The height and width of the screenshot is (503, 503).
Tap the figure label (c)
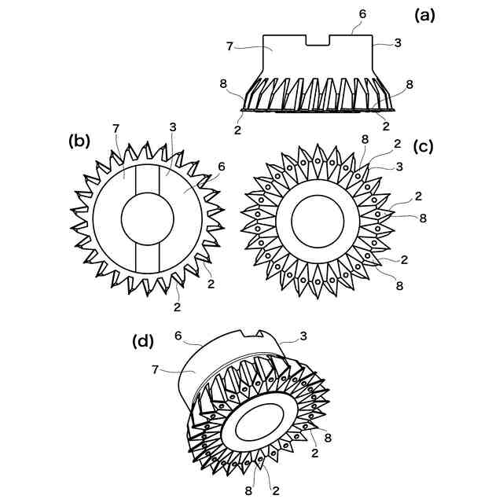tap(424, 146)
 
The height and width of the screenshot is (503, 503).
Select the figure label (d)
tap(143, 341)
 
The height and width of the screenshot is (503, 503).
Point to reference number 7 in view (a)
tap(229, 46)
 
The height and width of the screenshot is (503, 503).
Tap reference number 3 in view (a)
tap(398, 42)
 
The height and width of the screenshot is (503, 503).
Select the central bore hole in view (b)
tap(147, 218)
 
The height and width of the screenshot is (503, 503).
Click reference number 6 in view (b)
tap(222, 167)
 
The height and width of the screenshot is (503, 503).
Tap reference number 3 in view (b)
tap(173, 127)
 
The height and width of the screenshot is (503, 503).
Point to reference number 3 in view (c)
tap(402, 167)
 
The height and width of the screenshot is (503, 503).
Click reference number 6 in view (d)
tap(178, 336)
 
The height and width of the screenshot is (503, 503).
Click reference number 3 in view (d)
tap(303, 336)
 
